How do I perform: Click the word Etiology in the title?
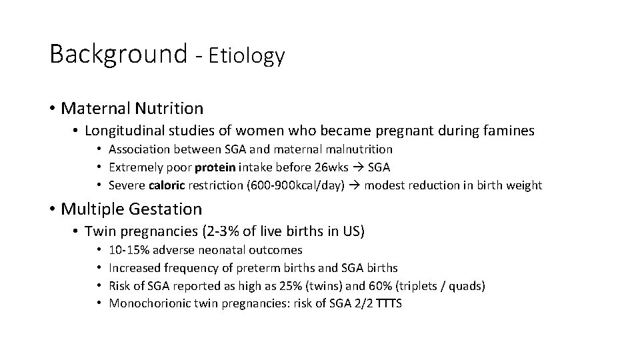coord(247,56)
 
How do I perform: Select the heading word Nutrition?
coord(171,107)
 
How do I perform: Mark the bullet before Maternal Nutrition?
coord(52,107)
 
